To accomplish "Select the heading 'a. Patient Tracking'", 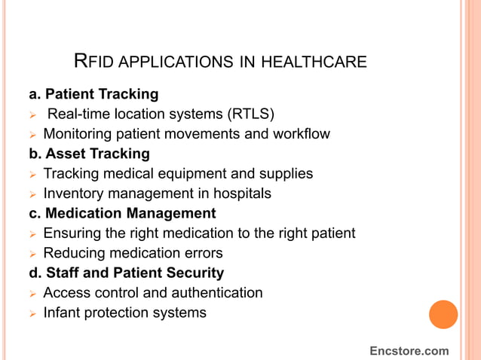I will click(x=93, y=95).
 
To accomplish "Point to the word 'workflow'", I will click(x=301, y=134).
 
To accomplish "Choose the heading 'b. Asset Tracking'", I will click(x=89, y=154).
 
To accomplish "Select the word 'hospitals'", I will click(x=240, y=194).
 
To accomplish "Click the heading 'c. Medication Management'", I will click(x=122, y=213).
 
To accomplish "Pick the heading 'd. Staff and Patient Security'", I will click(x=126, y=273).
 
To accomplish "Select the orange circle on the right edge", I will click(x=443, y=314).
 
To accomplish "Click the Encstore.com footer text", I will click(x=409, y=351).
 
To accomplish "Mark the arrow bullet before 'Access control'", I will click(x=32, y=293).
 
